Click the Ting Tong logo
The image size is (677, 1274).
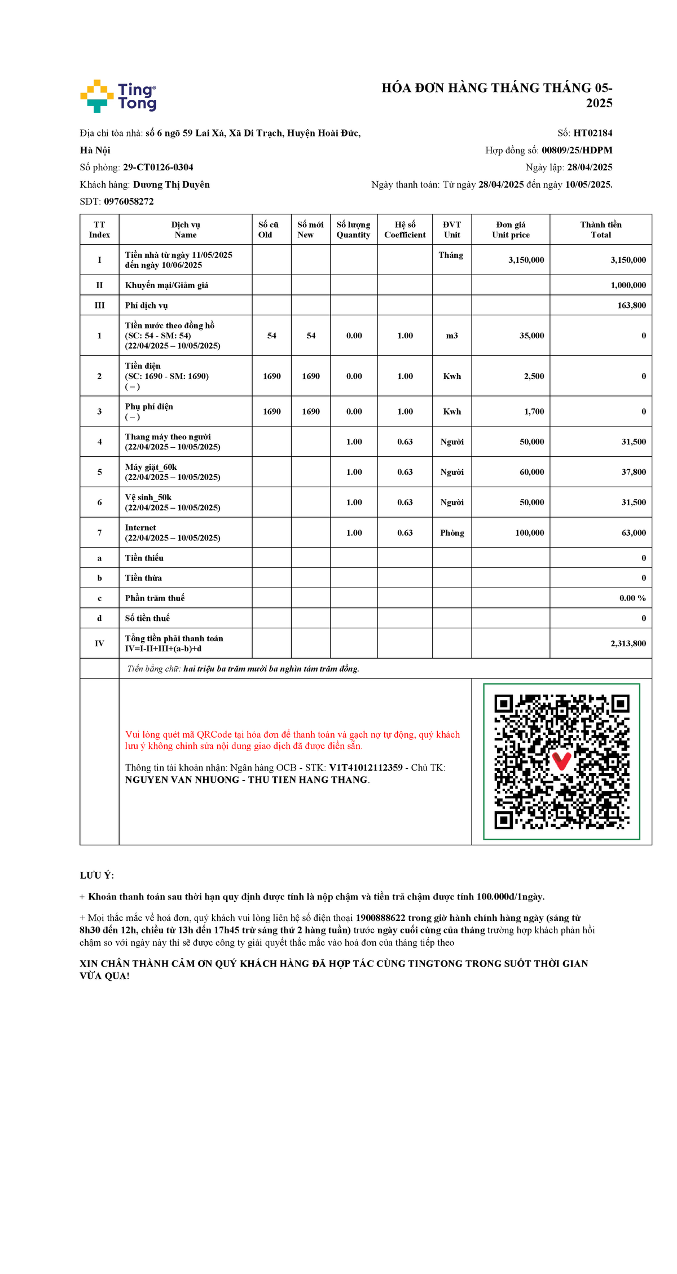[118, 96]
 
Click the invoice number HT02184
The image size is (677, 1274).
[592, 133]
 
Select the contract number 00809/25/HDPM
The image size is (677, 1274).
[577, 150]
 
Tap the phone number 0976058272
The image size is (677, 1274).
[129, 201]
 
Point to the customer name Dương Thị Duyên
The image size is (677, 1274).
[171, 184]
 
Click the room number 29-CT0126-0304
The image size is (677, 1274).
[158, 167]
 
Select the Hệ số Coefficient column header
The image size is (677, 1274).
[405, 230]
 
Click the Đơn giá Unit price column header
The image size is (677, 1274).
[511, 230]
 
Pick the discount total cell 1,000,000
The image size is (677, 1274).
[628, 285]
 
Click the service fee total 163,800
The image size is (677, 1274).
[631, 305]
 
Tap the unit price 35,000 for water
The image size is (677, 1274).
[531, 336]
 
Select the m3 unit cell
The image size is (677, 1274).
[452, 336]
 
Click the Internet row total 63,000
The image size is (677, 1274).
[634, 533]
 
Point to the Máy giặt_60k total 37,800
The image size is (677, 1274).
[634, 472]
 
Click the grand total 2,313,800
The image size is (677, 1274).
[628, 643]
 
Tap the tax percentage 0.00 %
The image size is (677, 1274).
[632, 598]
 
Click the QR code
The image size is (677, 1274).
[561, 761]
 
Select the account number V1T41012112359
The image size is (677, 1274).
[366, 768]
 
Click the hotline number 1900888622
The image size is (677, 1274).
[380, 918]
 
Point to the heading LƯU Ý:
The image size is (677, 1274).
[97, 876]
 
